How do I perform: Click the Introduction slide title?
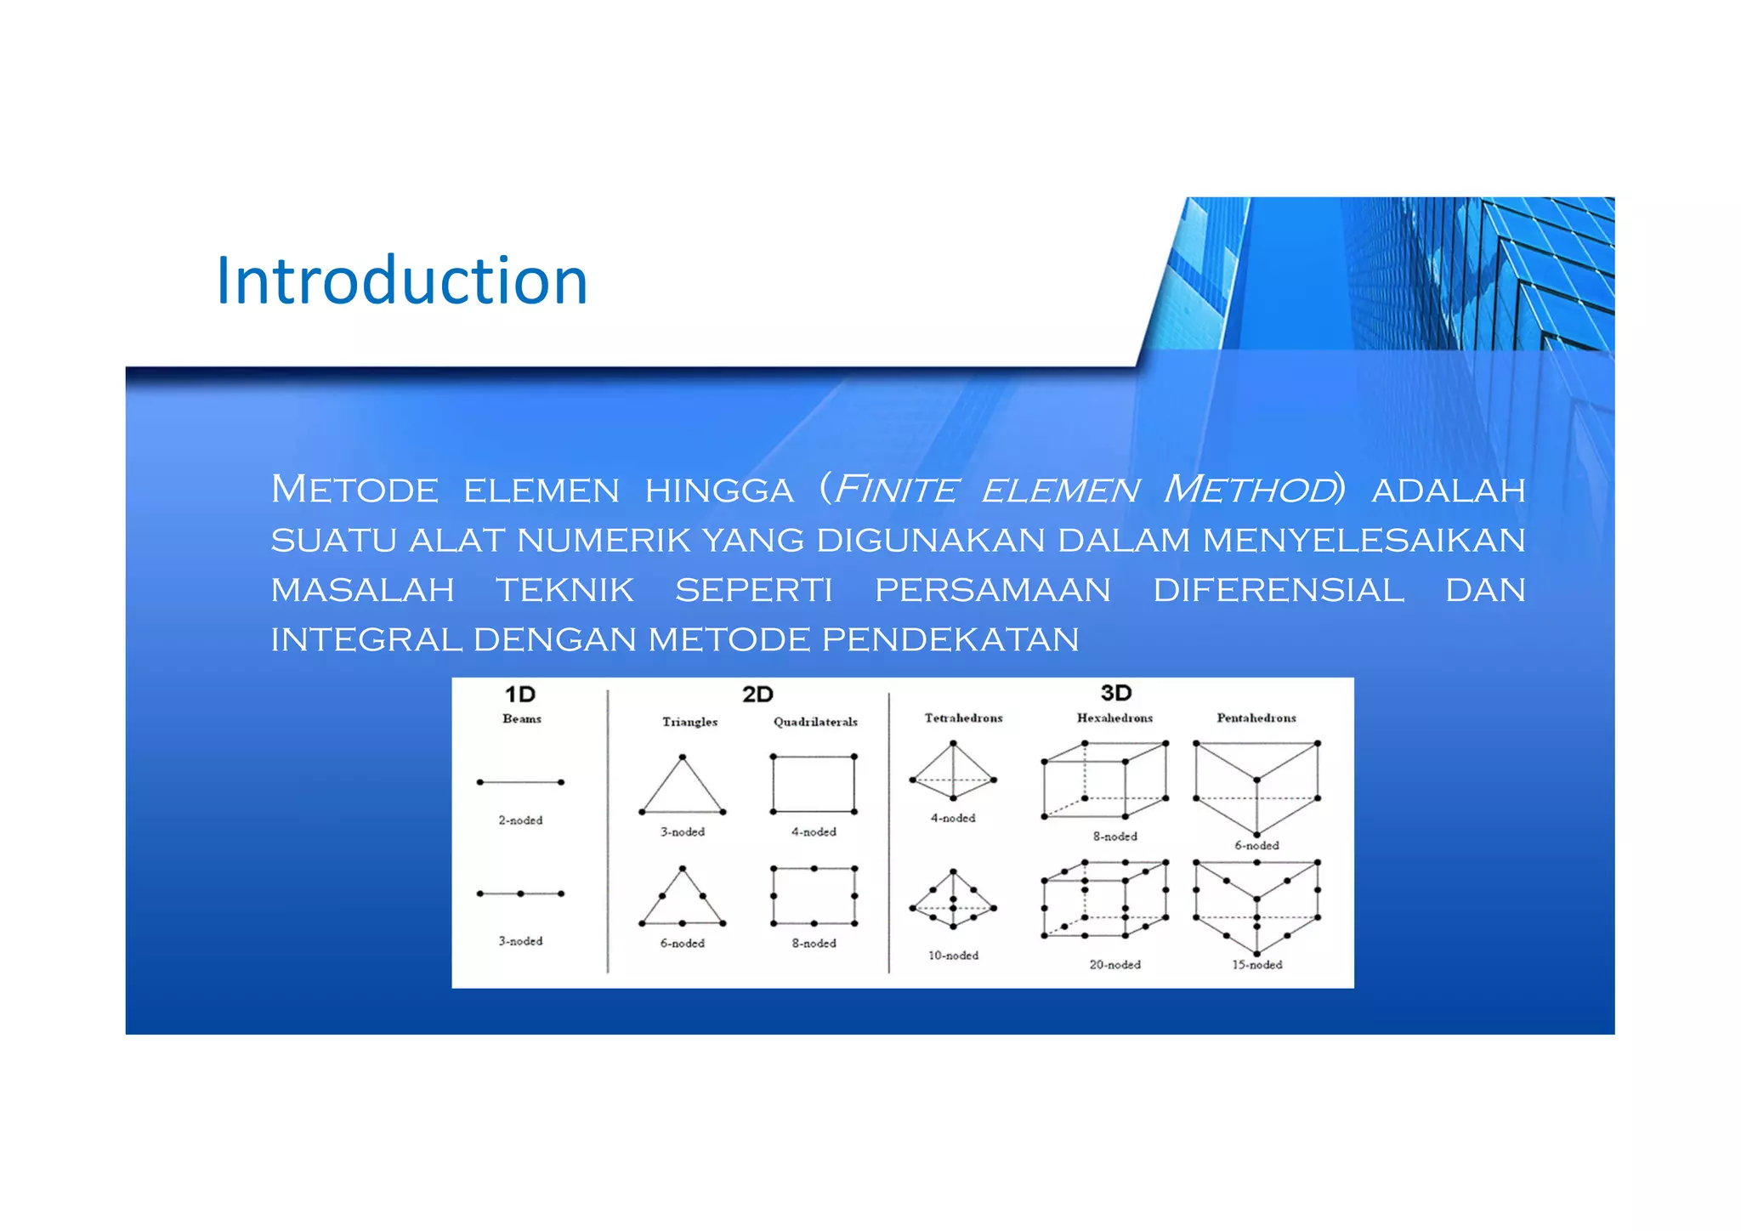pos(401,281)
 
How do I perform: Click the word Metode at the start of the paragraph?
pos(354,490)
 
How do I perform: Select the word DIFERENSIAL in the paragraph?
pos(1278,590)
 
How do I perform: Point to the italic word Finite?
pos(896,490)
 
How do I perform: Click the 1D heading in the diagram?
pos(520,695)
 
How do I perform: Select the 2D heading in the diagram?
pos(757,695)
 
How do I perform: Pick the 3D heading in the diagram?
pos(1115,693)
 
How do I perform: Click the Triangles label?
pos(689,722)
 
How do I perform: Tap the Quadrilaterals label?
pos(815,722)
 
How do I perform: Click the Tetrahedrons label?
pos(963,718)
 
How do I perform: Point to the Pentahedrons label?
pos(1256,718)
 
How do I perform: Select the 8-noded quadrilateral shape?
pos(814,896)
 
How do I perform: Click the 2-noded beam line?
pos(520,782)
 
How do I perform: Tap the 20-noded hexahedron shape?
pos(1104,899)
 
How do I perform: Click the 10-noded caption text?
pos(953,956)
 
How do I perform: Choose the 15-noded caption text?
pos(1256,965)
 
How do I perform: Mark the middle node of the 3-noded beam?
pos(520,893)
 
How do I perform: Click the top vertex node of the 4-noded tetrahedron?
pos(953,744)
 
